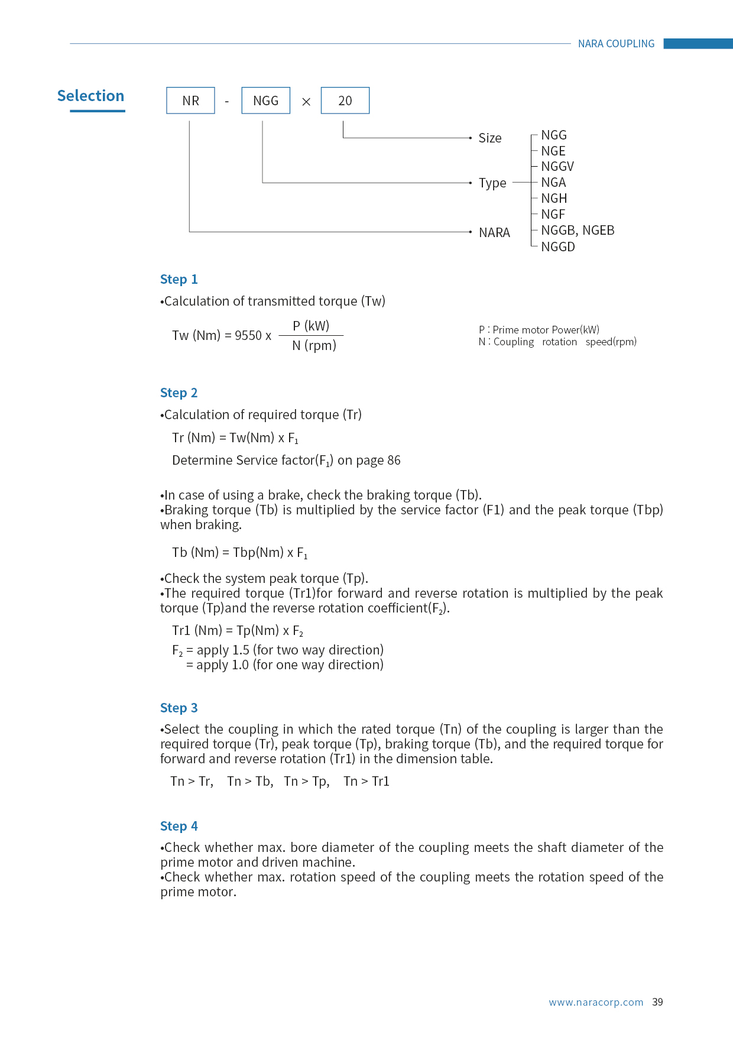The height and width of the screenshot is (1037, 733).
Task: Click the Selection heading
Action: click(90, 96)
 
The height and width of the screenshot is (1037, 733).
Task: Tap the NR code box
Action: click(190, 101)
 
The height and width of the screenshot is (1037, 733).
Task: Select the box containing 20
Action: click(345, 101)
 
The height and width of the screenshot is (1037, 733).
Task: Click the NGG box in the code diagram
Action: click(265, 101)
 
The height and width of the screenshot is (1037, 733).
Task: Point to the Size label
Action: click(490, 138)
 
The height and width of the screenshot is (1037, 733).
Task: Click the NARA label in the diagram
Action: click(494, 233)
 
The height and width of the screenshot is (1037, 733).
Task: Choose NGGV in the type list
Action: click(557, 167)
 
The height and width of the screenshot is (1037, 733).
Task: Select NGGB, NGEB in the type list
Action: click(578, 231)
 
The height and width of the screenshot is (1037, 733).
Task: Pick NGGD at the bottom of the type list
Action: click(558, 247)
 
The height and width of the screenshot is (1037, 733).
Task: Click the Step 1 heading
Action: click(179, 279)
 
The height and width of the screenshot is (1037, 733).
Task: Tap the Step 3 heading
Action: click(179, 708)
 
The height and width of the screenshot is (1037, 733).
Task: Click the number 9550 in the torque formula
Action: click(248, 336)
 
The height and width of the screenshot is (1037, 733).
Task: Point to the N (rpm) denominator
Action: click(314, 346)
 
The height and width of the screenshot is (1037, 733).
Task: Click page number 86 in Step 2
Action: click(394, 461)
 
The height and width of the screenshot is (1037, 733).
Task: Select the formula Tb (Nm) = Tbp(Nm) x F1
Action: click(239, 553)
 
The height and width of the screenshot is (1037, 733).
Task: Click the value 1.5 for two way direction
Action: click(241, 650)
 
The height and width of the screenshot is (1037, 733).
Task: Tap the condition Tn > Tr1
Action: click(367, 782)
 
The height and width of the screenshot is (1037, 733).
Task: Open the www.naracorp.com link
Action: click(596, 1002)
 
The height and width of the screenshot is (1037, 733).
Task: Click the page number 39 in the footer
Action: click(657, 1002)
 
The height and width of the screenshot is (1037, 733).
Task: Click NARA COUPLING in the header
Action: click(616, 44)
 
